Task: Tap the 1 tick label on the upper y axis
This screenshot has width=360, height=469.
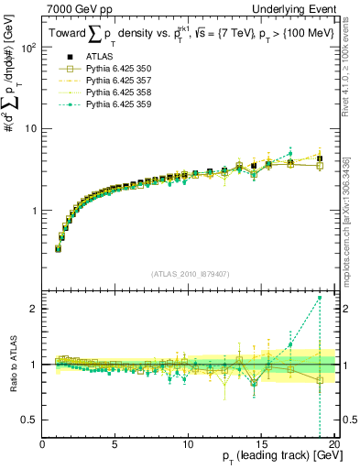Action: coord(35,210)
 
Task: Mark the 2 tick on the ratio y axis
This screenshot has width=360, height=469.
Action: coord(35,309)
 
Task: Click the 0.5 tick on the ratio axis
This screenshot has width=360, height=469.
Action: coord(30,420)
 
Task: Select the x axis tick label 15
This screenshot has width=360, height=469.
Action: coord(261,444)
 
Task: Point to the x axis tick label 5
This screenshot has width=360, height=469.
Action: coord(115,444)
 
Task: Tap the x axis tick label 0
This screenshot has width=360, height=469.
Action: coord(43,444)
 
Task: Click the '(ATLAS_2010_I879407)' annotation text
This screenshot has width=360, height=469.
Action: coord(190,272)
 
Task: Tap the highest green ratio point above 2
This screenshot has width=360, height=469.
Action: coord(320,298)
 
